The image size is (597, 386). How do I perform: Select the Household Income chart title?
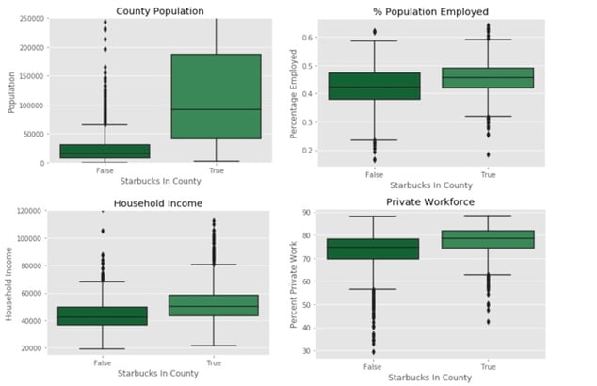(x=158, y=202)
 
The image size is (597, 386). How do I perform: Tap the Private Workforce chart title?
(x=432, y=201)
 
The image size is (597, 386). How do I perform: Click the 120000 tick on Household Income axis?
(x=28, y=212)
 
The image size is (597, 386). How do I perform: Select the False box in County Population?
(x=105, y=151)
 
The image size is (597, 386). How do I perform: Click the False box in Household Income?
(x=89, y=315)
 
